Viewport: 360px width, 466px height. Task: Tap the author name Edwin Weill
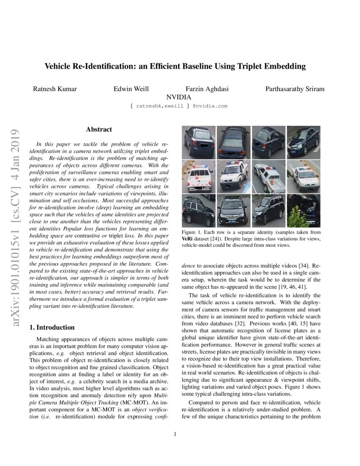coord(131,89)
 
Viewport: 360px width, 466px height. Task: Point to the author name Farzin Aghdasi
coord(207,89)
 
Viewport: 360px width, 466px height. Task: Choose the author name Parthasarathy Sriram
coord(295,89)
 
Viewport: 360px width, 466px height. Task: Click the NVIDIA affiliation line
coord(179,97)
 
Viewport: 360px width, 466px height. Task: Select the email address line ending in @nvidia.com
coord(179,106)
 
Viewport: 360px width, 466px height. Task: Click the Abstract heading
coord(99,130)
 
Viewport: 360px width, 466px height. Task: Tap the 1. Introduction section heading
coord(52,327)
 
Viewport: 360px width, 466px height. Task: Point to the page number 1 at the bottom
coord(175,434)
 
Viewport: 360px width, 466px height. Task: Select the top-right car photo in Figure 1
coord(304,142)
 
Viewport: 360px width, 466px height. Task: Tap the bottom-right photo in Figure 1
coord(304,211)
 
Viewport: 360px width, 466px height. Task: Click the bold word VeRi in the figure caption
coord(188,239)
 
